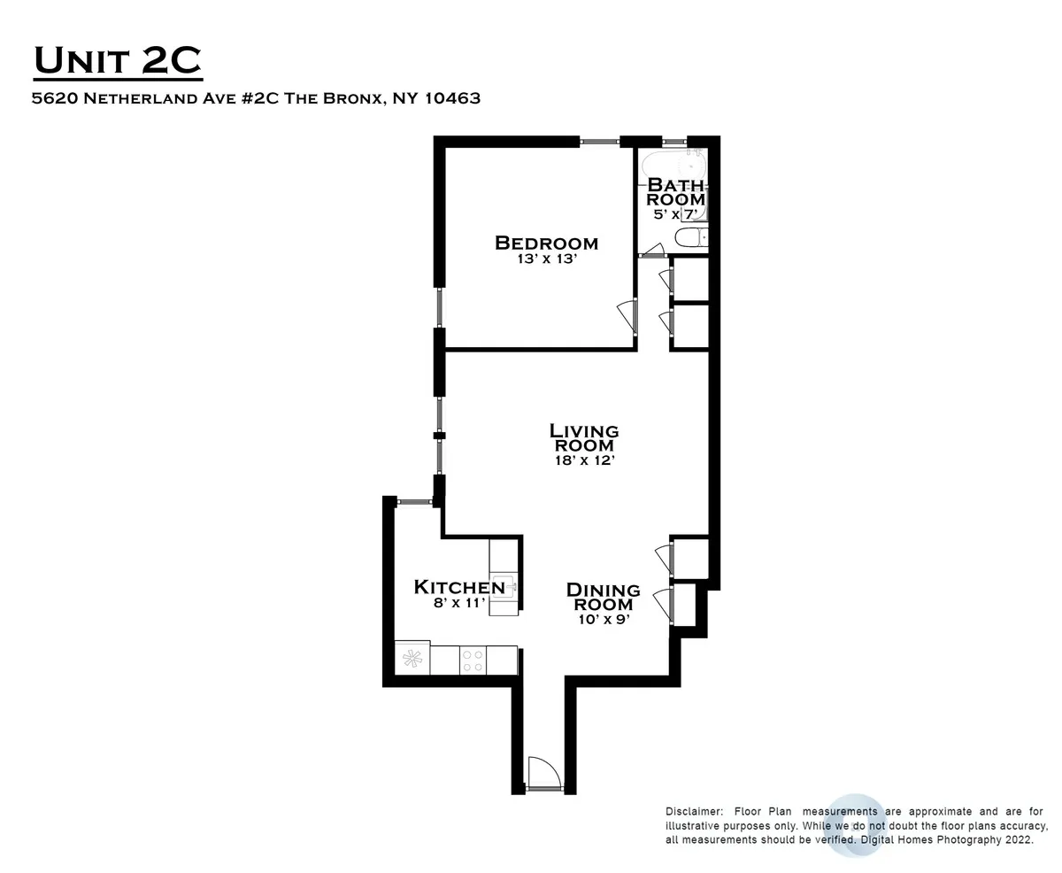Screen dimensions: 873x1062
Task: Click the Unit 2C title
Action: [118, 62]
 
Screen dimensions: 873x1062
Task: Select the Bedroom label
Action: [546, 243]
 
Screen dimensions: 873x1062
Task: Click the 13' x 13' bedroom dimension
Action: [547, 260]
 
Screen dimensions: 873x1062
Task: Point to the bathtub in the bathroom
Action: [673, 165]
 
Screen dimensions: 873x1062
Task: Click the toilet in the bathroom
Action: [690, 236]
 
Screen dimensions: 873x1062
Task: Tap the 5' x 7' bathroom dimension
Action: [676, 214]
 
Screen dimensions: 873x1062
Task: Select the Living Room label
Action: [584, 437]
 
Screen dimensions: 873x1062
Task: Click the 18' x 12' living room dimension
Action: [584, 460]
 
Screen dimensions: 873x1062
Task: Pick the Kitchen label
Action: [459, 587]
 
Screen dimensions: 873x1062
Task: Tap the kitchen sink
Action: [504, 586]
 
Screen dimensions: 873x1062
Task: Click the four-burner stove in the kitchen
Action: [473, 660]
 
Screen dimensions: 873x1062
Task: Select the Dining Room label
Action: [604, 597]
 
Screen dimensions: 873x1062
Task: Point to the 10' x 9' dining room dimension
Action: [604, 620]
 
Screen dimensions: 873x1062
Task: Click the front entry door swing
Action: [543, 772]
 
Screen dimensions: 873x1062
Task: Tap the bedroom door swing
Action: [626, 314]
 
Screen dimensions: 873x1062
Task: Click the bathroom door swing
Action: [654, 251]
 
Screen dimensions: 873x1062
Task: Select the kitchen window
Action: [413, 502]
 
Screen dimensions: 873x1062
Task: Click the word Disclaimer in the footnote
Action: [694, 811]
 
